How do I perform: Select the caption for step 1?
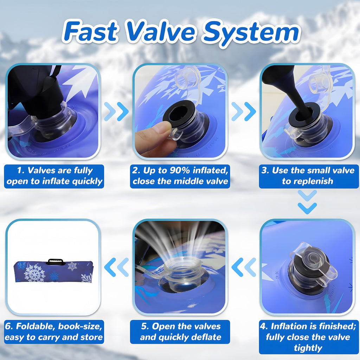click(x=54, y=176)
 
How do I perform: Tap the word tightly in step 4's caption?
click(x=308, y=348)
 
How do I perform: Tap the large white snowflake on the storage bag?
click(x=35, y=273)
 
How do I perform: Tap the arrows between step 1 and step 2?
click(x=116, y=111)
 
